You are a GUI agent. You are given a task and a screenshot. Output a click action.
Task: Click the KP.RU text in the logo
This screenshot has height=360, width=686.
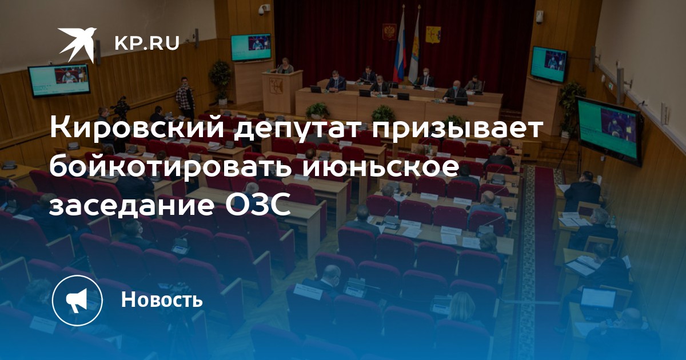[x=147, y=43]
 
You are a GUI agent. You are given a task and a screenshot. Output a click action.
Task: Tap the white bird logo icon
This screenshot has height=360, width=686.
[x=77, y=44]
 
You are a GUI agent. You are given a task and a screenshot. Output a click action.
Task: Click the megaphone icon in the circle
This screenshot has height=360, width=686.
[x=77, y=301]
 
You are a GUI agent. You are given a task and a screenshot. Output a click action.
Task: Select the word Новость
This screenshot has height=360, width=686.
[x=162, y=299]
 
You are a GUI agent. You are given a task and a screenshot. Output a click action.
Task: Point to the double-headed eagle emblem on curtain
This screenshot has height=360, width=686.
[x=389, y=32]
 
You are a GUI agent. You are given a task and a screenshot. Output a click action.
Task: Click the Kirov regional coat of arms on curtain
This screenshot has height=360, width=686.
[x=433, y=35]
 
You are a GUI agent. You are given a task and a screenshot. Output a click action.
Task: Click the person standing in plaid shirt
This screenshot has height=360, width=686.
[x=185, y=97]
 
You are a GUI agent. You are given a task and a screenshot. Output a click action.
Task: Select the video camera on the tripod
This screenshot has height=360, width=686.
[x=121, y=106]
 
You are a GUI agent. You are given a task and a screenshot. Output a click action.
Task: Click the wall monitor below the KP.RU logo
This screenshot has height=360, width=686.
[x=59, y=80]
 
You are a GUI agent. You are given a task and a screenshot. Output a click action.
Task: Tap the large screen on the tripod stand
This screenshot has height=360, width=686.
[x=608, y=130]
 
